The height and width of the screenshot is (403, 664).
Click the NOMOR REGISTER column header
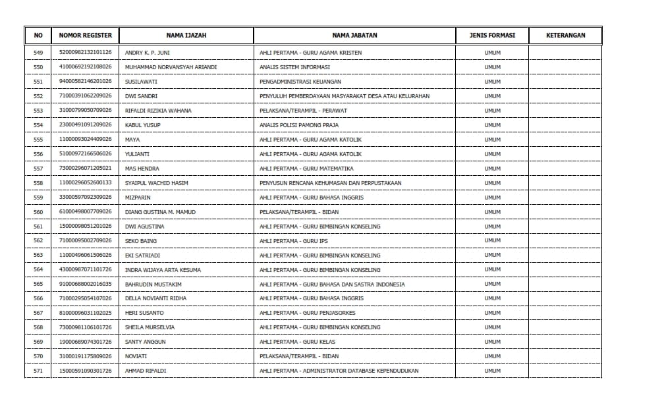[86, 36]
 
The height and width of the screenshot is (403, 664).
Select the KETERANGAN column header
[565, 36]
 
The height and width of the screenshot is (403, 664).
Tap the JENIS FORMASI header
[492, 36]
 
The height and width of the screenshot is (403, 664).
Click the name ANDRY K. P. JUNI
[148, 53]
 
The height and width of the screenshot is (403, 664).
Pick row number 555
[38, 140]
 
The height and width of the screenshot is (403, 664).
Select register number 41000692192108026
[86, 67]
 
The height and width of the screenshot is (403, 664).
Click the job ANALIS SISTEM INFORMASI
[294, 67]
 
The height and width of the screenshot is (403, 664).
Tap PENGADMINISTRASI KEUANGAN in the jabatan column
[300, 82]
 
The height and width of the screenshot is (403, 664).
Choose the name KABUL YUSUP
[143, 125]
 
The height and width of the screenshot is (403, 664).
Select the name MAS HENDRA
[142, 169]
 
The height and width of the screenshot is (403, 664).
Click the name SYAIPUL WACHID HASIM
[156, 183]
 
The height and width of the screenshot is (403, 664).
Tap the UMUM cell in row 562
[492, 241]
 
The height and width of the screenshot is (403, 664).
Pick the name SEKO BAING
[141, 241]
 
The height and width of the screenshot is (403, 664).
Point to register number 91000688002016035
[86, 284]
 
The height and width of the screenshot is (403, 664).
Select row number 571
[38, 371]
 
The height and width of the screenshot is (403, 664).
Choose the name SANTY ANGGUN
[146, 342]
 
